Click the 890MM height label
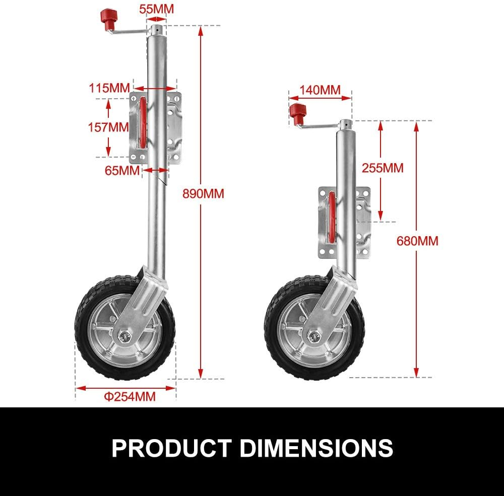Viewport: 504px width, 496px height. coord(204,193)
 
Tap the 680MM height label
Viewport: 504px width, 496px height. coord(417,241)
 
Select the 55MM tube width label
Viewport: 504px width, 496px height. coord(156,9)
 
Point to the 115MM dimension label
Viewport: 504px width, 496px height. coord(109,88)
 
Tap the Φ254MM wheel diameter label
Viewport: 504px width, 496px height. coord(130,396)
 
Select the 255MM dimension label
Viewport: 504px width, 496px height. coord(383,168)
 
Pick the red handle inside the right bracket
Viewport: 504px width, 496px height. coord(332,217)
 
